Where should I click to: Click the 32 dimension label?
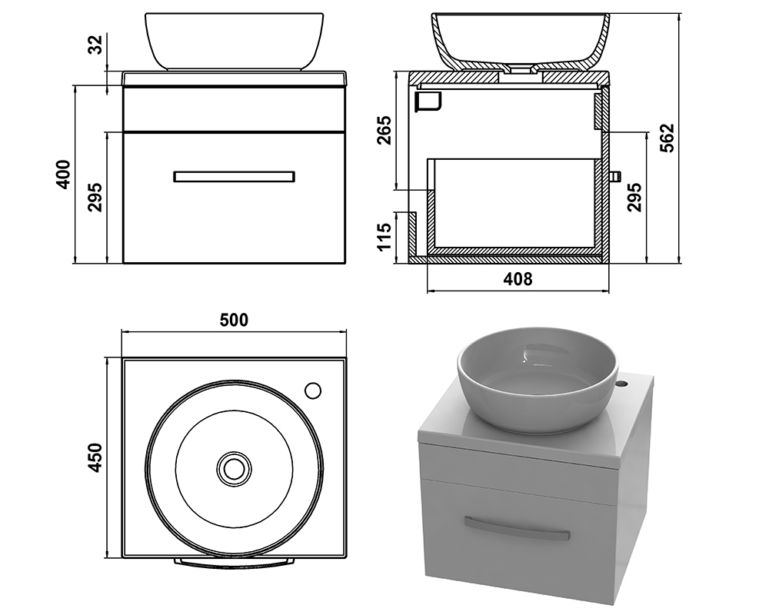(x=97, y=44)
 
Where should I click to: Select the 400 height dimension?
(x=64, y=174)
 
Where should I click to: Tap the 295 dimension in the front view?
(x=95, y=197)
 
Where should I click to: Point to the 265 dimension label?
(x=384, y=130)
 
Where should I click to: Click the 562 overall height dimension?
(x=667, y=138)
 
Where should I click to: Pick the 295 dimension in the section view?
(x=634, y=197)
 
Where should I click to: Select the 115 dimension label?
(x=384, y=236)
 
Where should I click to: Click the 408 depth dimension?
(x=518, y=279)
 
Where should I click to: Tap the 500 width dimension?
(x=234, y=320)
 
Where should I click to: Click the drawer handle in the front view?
(x=235, y=177)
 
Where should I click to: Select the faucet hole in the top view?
(x=313, y=391)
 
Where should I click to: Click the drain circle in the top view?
(x=234, y=470)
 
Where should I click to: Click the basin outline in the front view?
(x=235, y=42)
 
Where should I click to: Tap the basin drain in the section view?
(x=520, y=72)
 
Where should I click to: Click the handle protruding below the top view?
(x=234, y=563)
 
